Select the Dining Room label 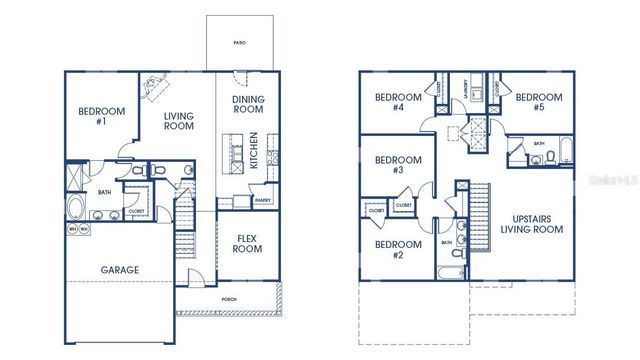pos(247,105)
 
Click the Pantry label pos(262,200)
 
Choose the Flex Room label pos(247,243)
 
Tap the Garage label pos(119,270)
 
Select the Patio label pos(239,43)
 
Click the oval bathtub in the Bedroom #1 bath pos(76,209)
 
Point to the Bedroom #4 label pos(390,102)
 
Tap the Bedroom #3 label pos(390,164)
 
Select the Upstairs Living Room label pos(531,223)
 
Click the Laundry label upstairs pos(466,90)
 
